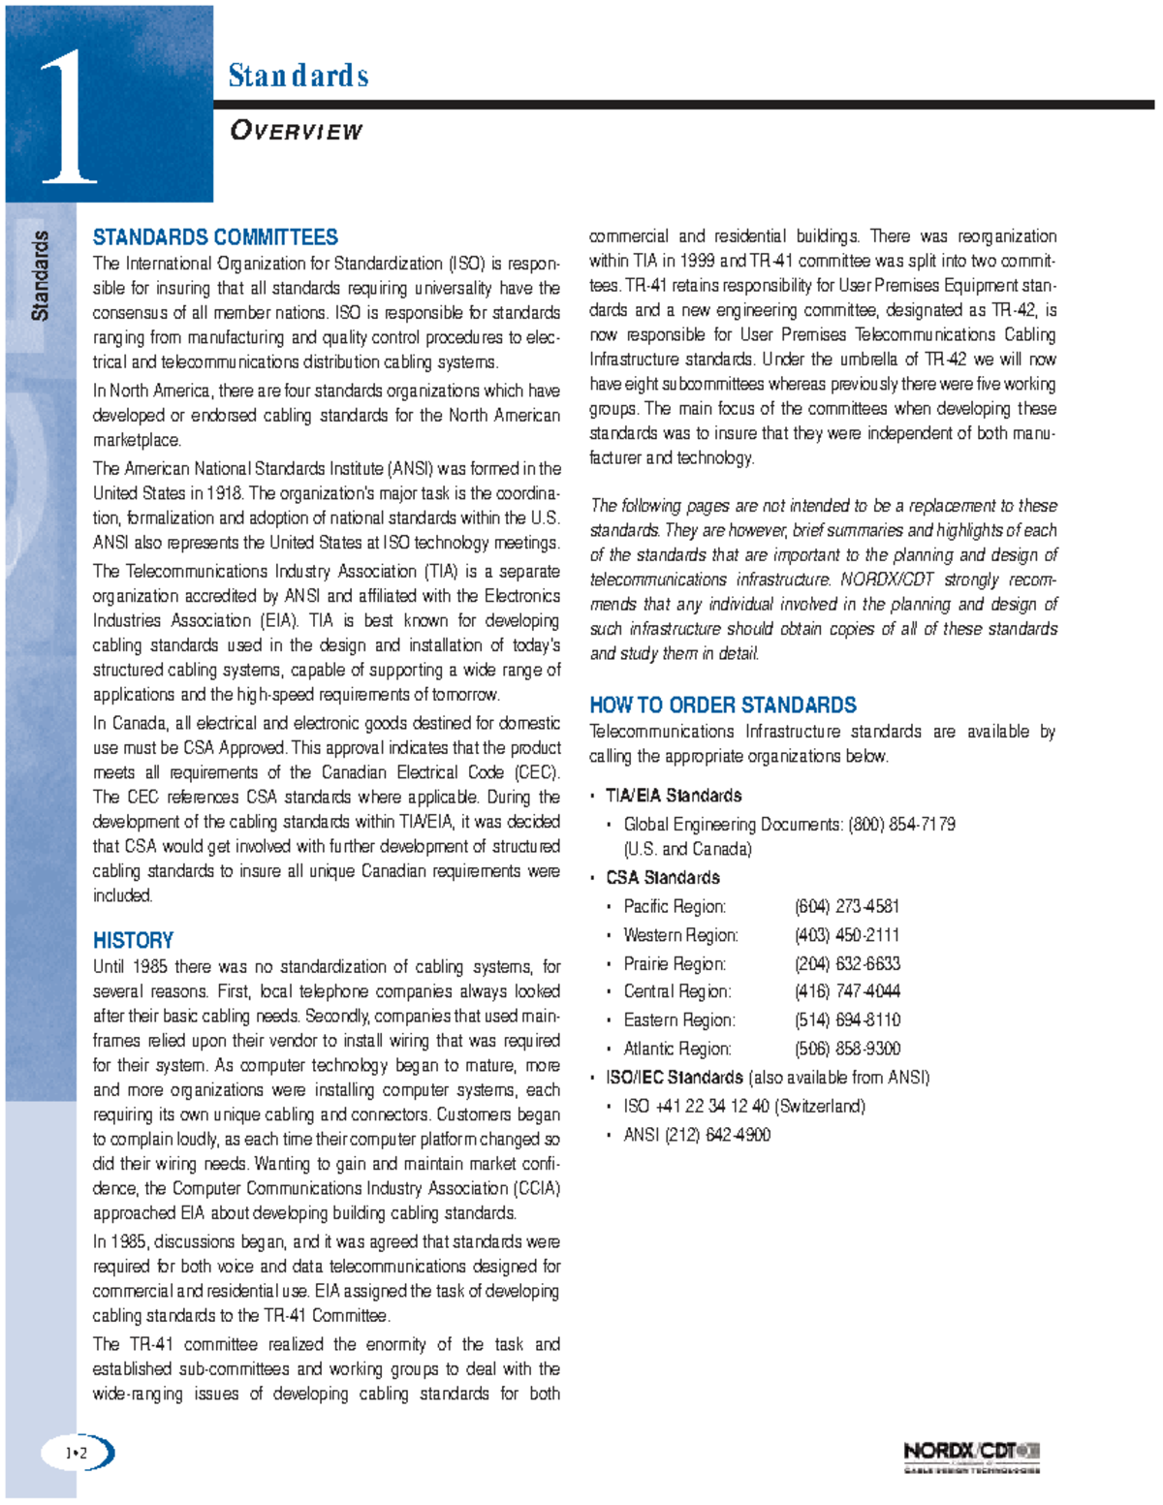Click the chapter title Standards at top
tap(298, 76)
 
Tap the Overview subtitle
tap(296, 131)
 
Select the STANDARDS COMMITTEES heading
tap(215, 237)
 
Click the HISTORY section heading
tap(133, 940)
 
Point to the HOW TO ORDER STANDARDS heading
tap(723, 705)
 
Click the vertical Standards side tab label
tap(40, 276)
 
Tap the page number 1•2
tap(76, 1453)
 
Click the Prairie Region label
tap(675, 963)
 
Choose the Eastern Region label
tap(679, 1019)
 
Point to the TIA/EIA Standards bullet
tap(674, 796)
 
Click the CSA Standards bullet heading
tap(663, 877)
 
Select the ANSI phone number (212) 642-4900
tap(717, 1135)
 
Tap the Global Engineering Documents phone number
tap(901, 824)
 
